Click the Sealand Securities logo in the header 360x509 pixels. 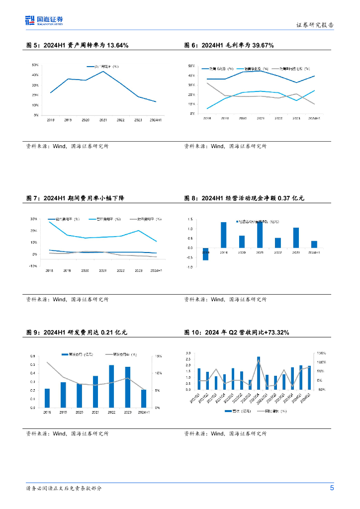(x=44, y=20)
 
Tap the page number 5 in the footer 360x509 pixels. (x=332, y=488)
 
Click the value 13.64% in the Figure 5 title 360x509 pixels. (x=118, y=45)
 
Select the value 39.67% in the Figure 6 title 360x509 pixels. (x=263, y=45)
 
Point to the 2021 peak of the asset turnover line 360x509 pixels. (x=103, y=71)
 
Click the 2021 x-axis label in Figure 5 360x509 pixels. (x=103, y=120)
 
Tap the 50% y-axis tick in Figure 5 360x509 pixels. (x=35, y=65)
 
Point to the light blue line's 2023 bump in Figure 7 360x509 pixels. (x=138, y=230)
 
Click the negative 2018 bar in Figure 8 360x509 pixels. (x=206, y=254)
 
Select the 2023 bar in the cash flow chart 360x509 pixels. (x=296, y=238)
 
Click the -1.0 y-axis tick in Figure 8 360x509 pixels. (x=190, y=267)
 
